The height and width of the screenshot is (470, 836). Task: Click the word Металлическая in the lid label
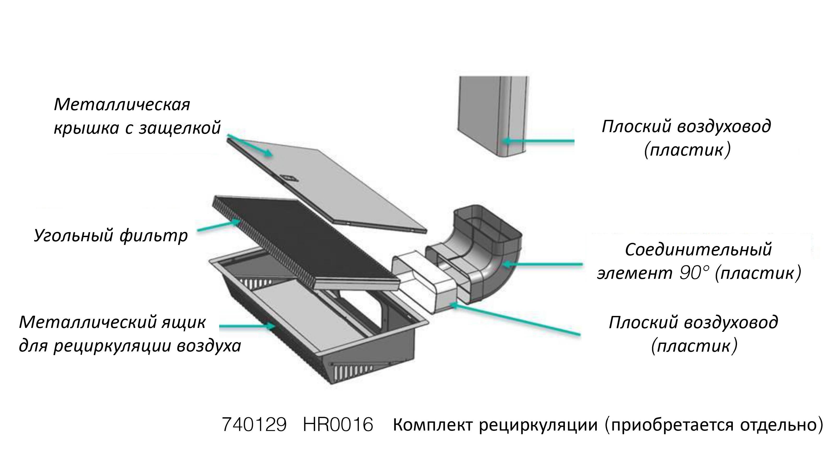122,105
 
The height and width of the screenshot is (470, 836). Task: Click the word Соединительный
698,250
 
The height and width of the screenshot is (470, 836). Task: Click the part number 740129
254,425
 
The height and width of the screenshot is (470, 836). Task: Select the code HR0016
338,425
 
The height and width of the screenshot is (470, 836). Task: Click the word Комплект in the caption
433,425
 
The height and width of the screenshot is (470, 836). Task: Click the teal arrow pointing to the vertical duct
539,141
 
